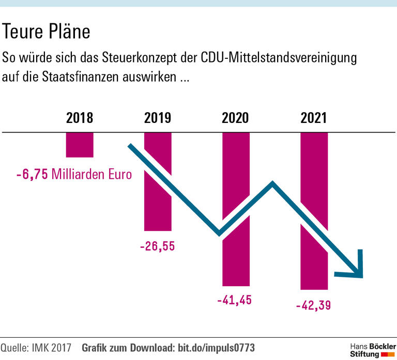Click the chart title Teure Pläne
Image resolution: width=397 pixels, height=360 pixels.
(47, 32)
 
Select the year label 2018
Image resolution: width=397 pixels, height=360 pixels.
(80, 118)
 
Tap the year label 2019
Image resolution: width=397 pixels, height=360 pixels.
(158, 118)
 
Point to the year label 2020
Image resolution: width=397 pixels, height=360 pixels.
(235, 118)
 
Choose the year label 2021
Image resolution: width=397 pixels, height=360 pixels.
(313, 118)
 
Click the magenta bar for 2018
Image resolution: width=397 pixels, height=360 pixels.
(80, 145)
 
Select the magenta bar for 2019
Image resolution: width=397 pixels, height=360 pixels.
(158, 207)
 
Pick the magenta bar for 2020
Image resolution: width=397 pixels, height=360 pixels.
(236, 258)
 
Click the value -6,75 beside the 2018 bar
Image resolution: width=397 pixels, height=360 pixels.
(32, 174)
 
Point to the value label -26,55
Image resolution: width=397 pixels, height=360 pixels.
(157, 246)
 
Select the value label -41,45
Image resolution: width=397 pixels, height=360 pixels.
(235, 300)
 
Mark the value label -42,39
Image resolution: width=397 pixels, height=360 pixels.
(313, 305)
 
